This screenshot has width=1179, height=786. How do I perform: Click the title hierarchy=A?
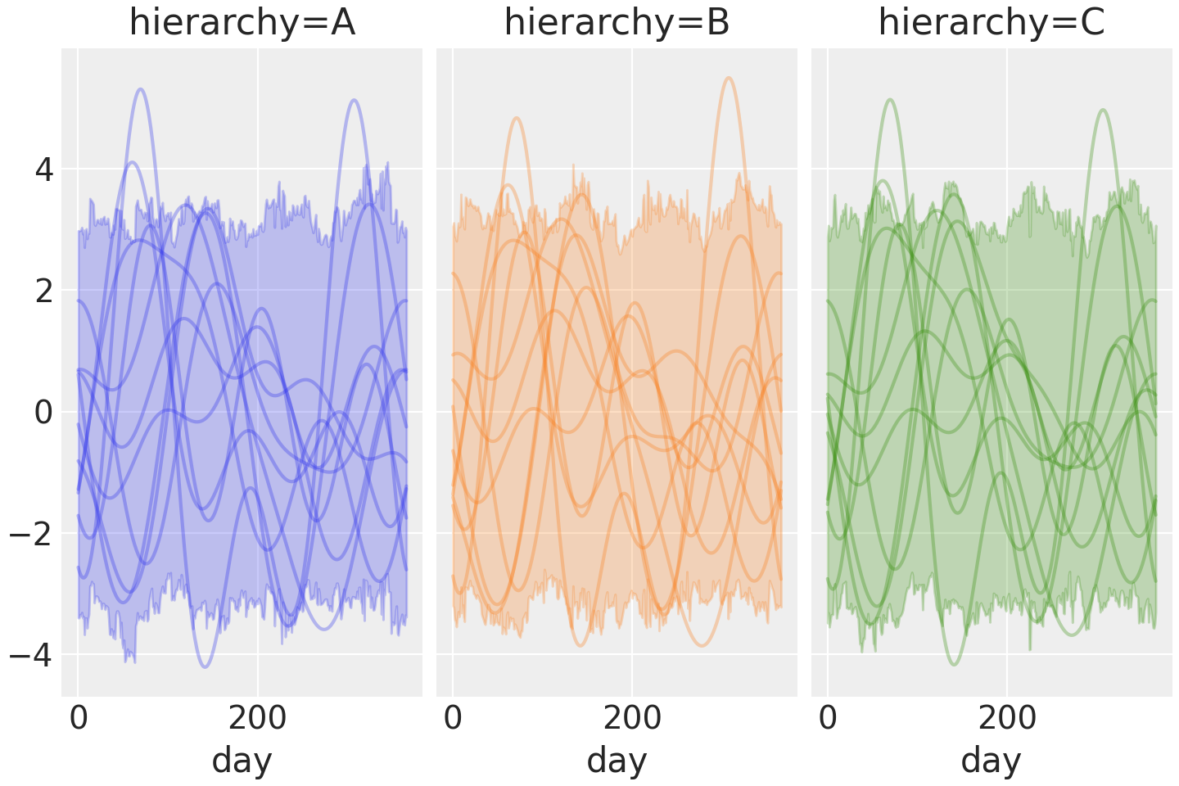(242, 23)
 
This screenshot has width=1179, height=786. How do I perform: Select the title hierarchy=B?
(617, 23)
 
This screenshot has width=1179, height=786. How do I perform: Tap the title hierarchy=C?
(992, 23)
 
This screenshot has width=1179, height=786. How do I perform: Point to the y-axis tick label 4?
(43, 170)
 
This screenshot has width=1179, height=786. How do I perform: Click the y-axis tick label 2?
(43, 291)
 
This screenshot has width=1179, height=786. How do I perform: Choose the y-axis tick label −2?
(31, 534)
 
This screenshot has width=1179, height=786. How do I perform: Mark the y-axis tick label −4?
(31, 655)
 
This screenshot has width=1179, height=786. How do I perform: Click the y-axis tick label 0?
(43, 413)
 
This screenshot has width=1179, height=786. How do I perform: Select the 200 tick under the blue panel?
(257, 719)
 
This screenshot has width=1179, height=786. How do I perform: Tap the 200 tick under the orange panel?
(632, 719)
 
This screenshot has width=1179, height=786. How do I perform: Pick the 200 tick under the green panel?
(1007, 719)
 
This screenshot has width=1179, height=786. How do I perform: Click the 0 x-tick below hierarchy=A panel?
(79, 719)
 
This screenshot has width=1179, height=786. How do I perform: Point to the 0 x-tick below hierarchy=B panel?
(454, 719)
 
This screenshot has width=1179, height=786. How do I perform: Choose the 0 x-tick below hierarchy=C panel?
(828, 719)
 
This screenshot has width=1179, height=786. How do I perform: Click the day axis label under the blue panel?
(242, 761)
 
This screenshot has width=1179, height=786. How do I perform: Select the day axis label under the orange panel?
(617, 761)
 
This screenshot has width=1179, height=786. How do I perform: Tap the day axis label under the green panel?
(992, 761)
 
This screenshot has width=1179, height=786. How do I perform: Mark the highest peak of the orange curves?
(728, 78)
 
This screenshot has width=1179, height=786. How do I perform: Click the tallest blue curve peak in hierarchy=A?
(141, 88)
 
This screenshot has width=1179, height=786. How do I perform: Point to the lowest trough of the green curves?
(952, 664)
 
